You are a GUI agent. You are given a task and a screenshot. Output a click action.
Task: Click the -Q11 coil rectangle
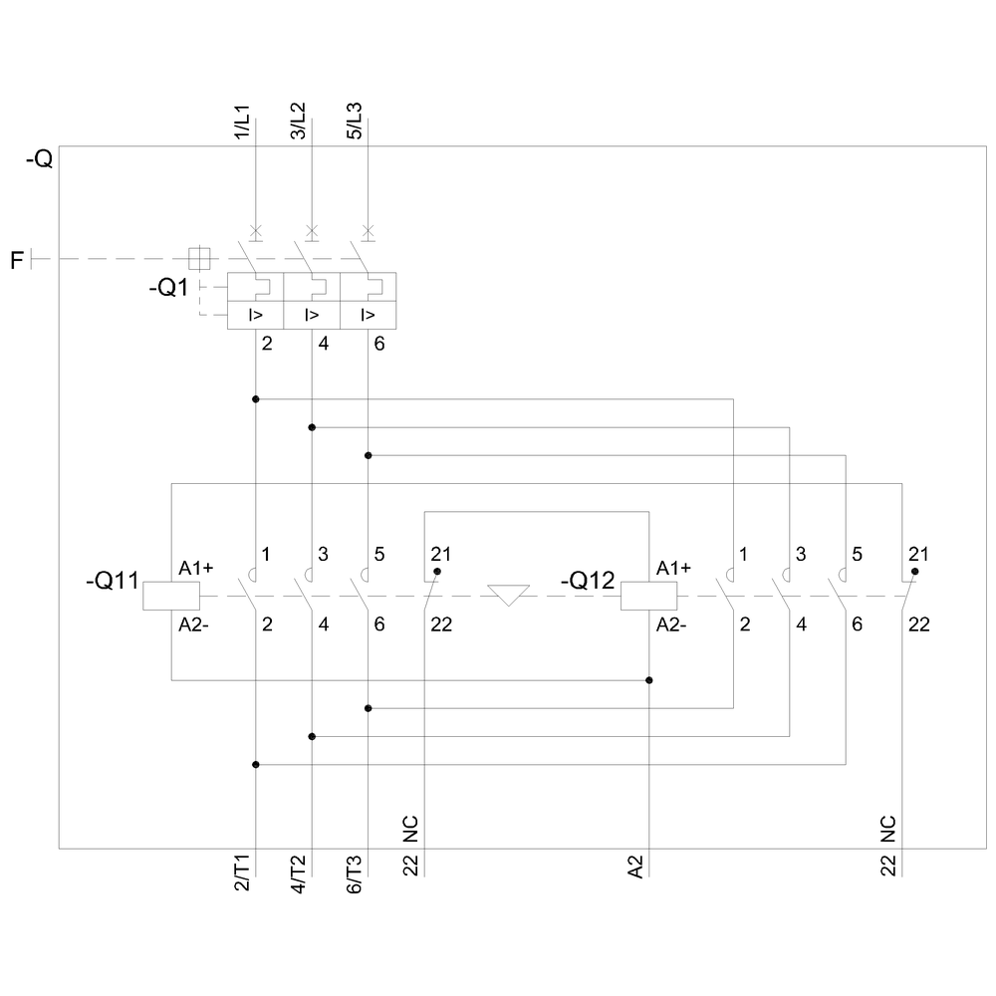(171, 596)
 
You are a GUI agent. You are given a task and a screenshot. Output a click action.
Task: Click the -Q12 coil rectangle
(648, 596)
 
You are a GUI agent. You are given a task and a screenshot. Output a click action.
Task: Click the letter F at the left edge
(17, 261)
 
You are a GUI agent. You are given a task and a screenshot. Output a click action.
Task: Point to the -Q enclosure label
(39, 158)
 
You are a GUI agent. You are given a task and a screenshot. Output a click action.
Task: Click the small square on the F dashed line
(199, 258)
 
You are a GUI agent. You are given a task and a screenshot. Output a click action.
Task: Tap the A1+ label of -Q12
(673, 569)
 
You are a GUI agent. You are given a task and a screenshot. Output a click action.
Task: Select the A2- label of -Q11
(195, 624)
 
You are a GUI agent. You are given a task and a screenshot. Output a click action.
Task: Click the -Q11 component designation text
(113, 580)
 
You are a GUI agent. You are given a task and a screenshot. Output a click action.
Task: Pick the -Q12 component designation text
(589, 580)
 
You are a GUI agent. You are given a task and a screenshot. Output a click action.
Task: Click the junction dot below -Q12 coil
(649, 680)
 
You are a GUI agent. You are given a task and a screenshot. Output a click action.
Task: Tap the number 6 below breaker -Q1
(378, 345)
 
